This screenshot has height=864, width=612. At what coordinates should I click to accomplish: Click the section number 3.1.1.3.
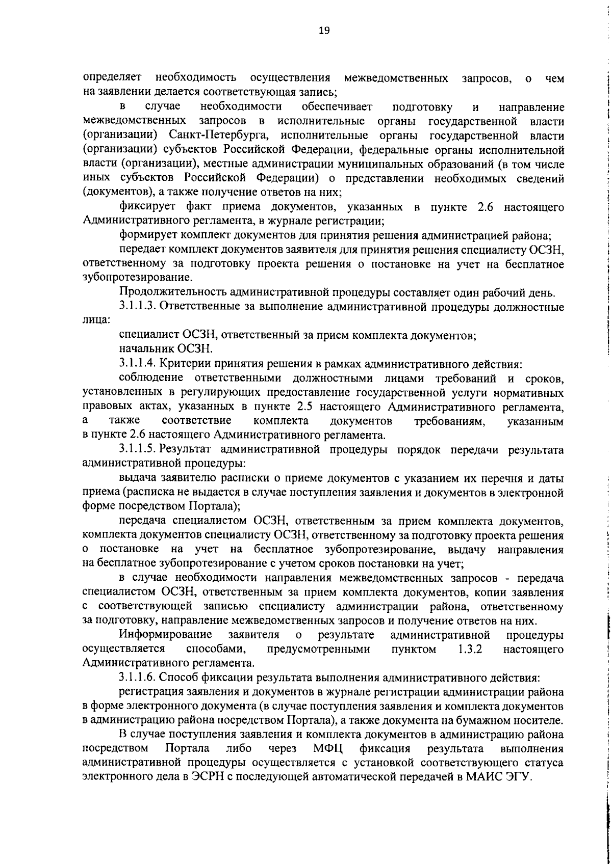coord(137,307)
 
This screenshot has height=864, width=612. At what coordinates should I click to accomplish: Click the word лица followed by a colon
coord(95,321)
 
